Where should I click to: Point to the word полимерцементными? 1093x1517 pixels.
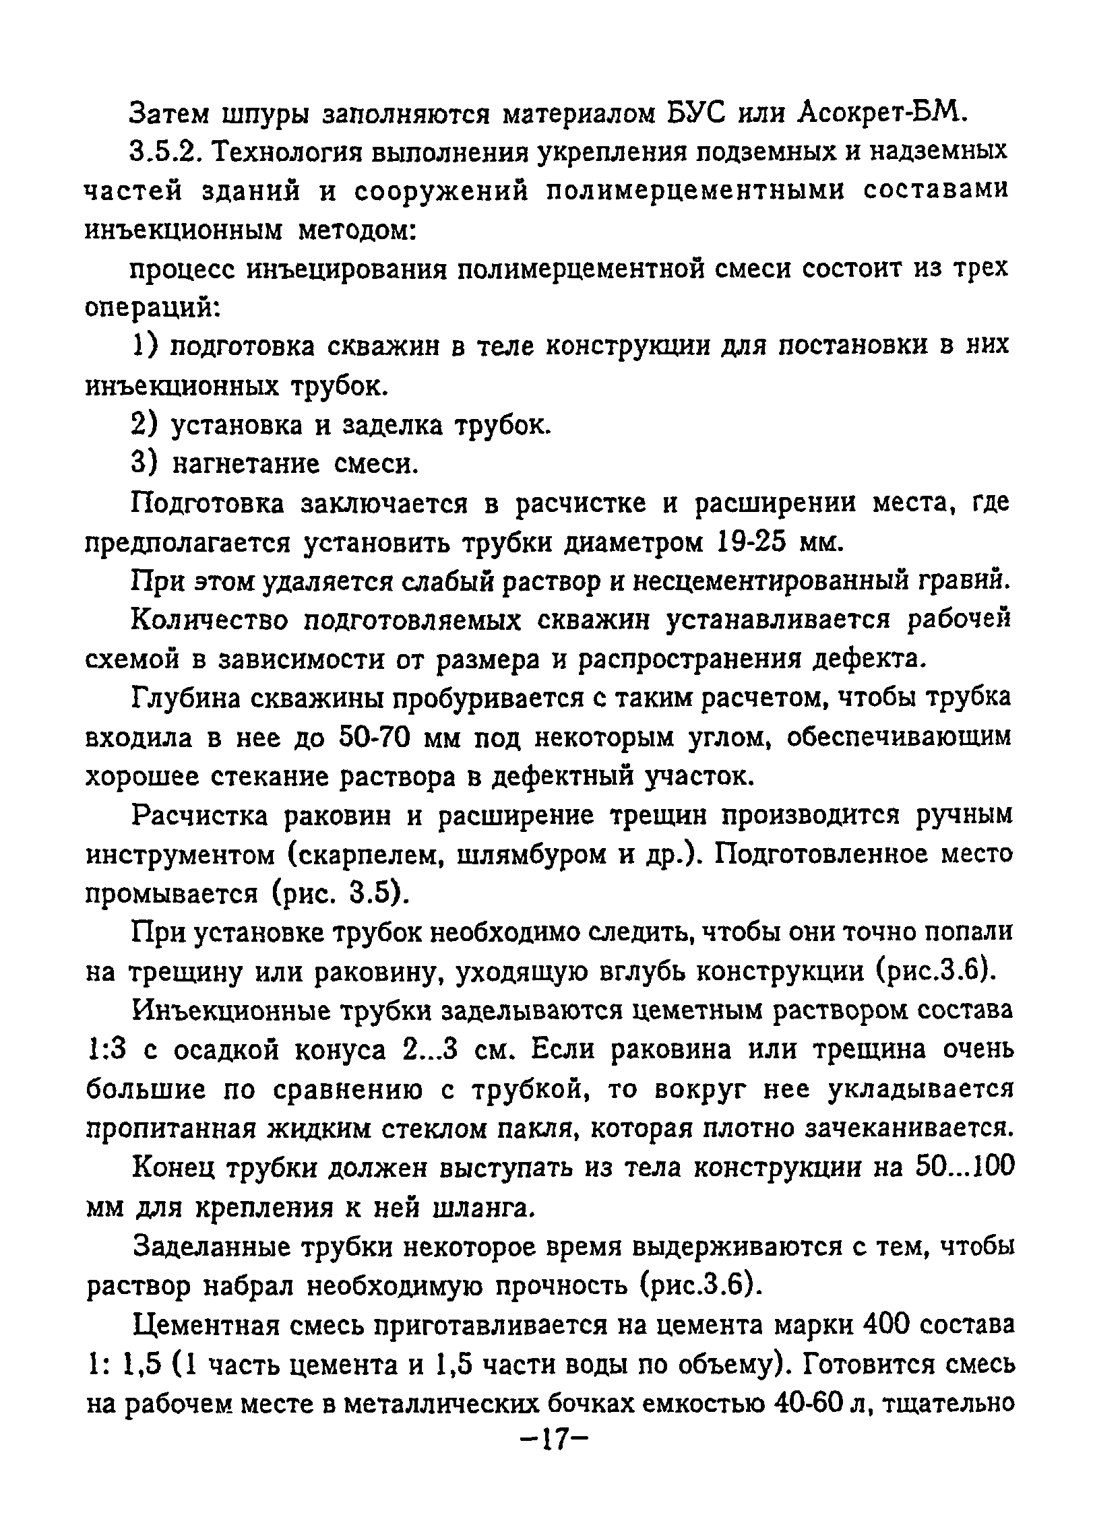coord(694,191)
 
